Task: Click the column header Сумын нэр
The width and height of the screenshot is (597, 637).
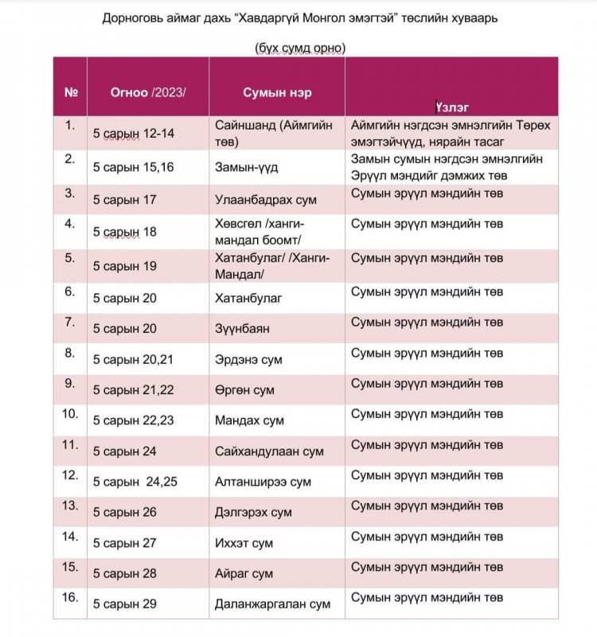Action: coord(276,92)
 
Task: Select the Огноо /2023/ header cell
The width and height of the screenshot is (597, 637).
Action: coord(147,92)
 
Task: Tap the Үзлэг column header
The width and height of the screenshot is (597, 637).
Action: coord(451,106)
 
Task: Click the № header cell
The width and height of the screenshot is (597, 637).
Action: coord(70,92)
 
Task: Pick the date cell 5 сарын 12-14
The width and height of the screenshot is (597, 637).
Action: coord(133,133)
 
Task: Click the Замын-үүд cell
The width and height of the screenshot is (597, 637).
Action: coord(245,167)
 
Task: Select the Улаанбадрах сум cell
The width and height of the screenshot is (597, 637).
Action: coord(263,199)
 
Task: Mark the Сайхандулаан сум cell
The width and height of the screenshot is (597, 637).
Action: coord(269,451)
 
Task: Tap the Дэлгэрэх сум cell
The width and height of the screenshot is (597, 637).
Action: coord(253,512)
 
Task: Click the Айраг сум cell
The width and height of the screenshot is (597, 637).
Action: coord(244,573)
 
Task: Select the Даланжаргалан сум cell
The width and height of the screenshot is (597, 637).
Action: coord(272,604)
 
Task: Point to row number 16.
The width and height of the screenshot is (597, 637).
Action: coord(71,597)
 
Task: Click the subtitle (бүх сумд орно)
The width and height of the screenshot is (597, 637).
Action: coord(299,48)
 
